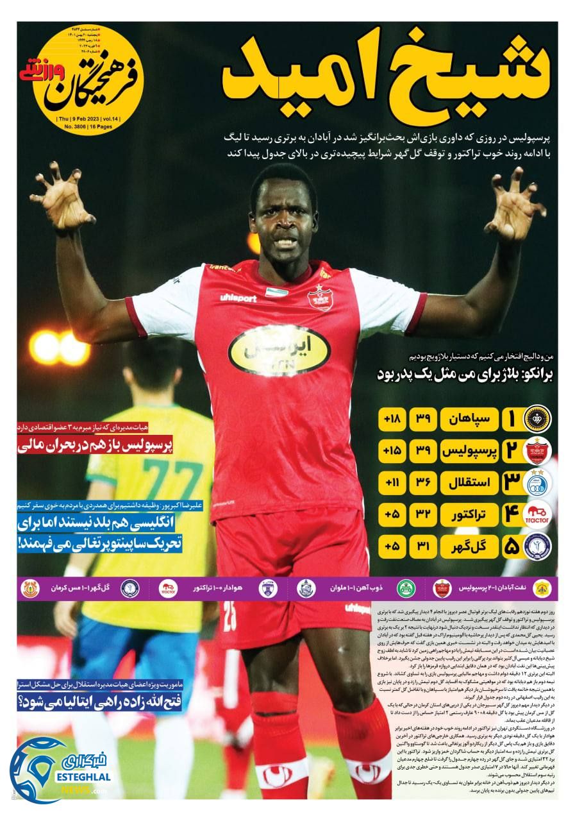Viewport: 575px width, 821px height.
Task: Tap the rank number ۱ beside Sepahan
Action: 511,419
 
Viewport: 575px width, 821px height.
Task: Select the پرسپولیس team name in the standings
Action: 469,451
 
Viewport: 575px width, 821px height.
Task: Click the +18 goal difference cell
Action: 392,419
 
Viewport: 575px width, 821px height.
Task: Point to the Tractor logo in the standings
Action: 537,514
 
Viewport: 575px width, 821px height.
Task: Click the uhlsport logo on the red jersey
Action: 238,298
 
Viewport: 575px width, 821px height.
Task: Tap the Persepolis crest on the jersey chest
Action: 320,297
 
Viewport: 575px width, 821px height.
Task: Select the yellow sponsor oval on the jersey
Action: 279,350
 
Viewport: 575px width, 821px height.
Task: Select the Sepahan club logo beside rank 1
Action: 537,419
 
